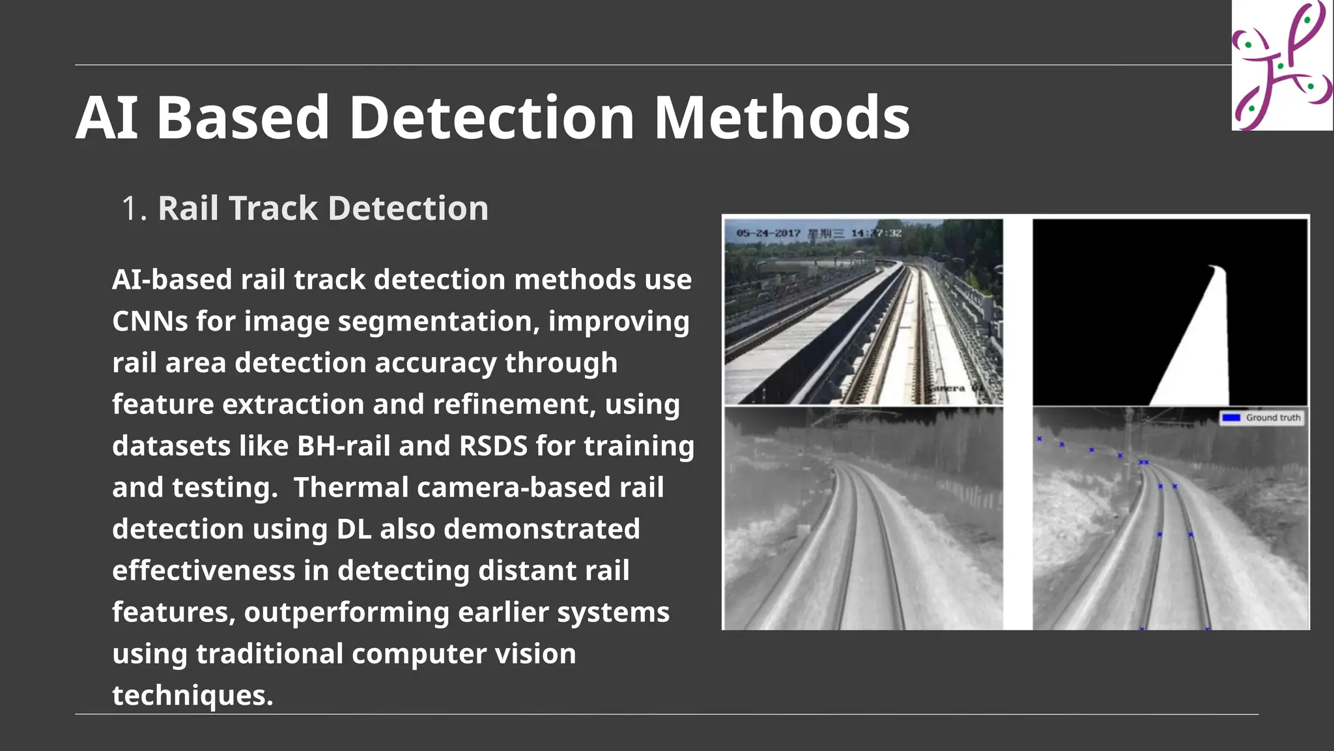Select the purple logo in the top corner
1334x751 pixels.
point(1281,65)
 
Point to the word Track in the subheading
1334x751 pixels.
point(274,209)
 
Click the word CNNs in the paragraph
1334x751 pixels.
point(149,321)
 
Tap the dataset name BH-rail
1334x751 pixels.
point(343,446)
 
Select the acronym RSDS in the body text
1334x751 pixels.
point(493,446)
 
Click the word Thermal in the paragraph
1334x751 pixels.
point(350,488)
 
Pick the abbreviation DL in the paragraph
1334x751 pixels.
point(354,529)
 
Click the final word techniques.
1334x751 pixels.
point(192,696)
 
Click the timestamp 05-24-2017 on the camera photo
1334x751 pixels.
point(768,233)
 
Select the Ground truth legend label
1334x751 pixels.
point(1273,418)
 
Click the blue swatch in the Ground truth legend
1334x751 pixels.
point(1230,418)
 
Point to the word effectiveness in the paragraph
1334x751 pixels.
point(203,570)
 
